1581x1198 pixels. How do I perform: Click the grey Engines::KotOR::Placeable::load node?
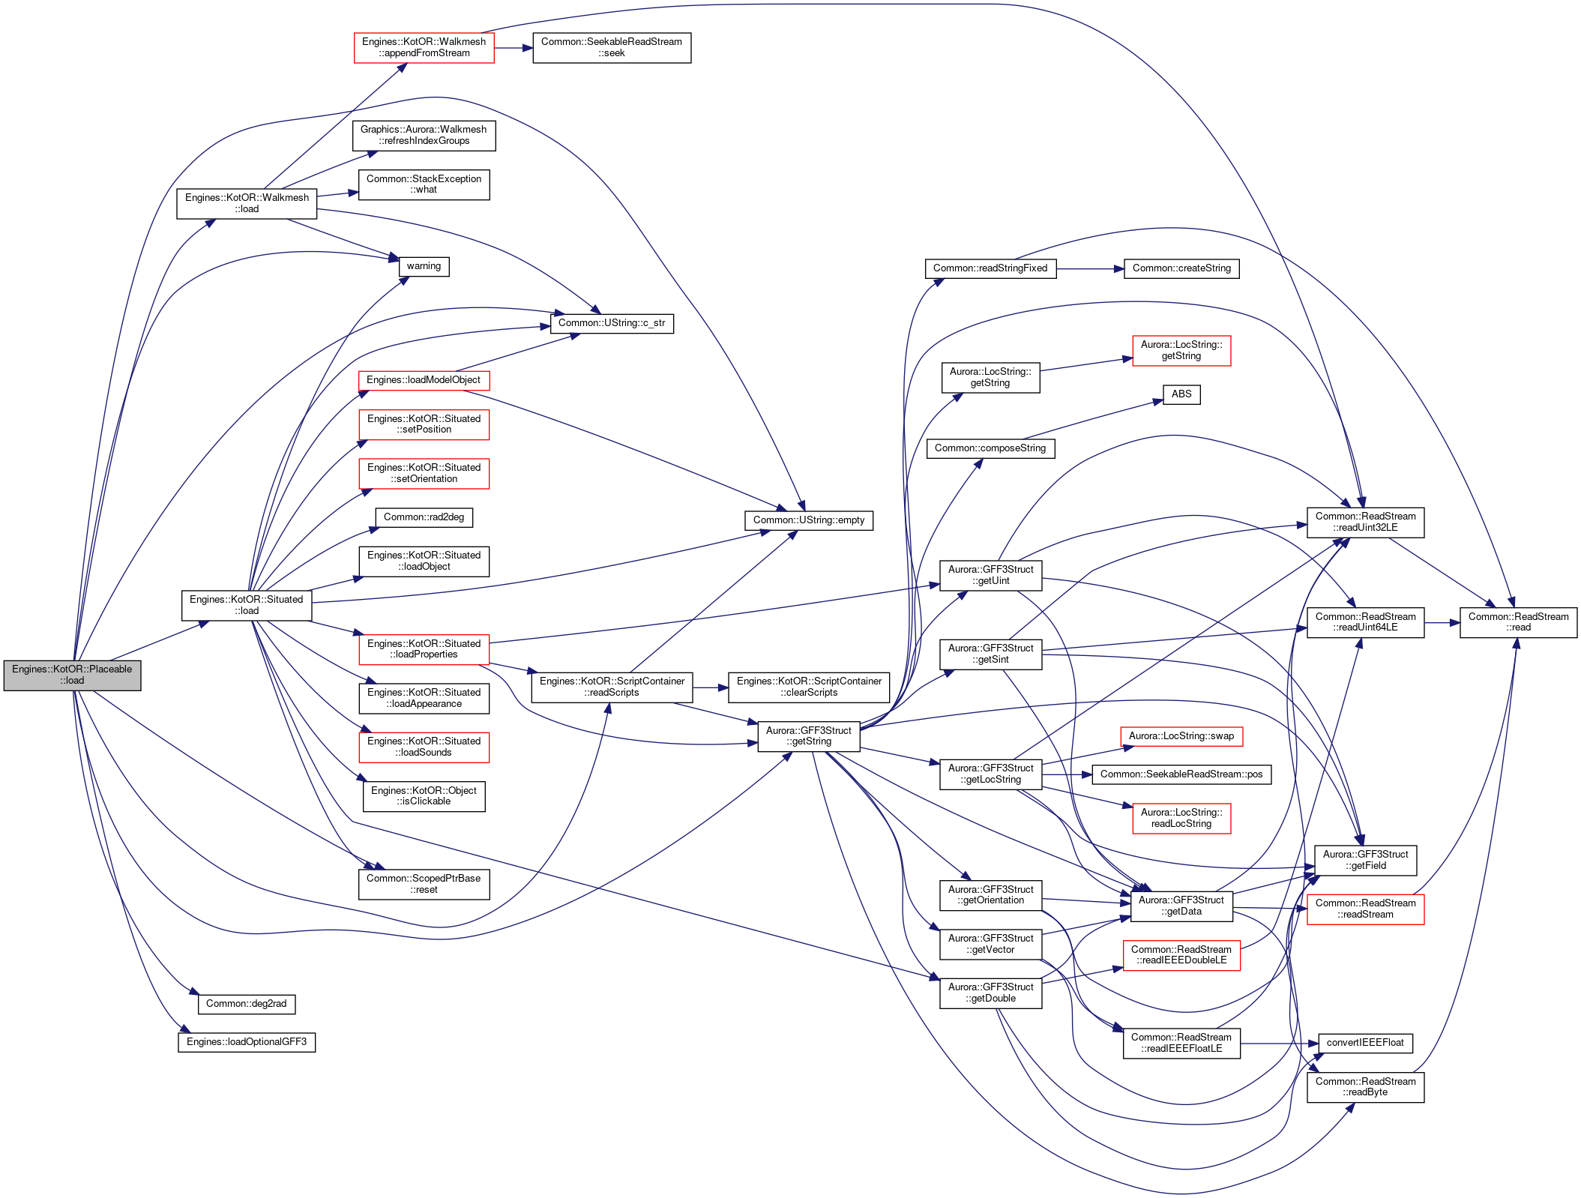72,675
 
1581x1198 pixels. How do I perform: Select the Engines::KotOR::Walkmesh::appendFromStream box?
424,48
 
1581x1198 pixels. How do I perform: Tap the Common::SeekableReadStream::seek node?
612,48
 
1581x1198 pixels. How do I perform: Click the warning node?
424,266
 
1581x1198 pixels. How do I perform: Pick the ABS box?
1181,394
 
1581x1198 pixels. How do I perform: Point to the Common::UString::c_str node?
612,324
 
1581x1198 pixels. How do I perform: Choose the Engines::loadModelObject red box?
424,380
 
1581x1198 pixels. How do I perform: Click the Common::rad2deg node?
424,517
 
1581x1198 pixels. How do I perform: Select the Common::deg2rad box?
247,1004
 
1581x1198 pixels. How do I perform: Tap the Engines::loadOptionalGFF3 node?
247,1042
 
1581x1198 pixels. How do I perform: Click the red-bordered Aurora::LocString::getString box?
1181,351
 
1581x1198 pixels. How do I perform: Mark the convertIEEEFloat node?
1365,1043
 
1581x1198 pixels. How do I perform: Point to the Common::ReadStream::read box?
1518,622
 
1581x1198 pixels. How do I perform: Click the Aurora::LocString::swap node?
1181,736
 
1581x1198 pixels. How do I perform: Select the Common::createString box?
1181,268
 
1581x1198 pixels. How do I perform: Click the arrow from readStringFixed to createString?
1090,268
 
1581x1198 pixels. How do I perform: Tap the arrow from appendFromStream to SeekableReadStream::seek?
514,48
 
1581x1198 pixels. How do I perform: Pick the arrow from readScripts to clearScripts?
711,687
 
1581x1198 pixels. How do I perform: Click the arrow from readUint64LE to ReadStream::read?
1442,622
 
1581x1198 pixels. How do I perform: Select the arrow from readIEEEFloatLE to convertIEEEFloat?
1280,1043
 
